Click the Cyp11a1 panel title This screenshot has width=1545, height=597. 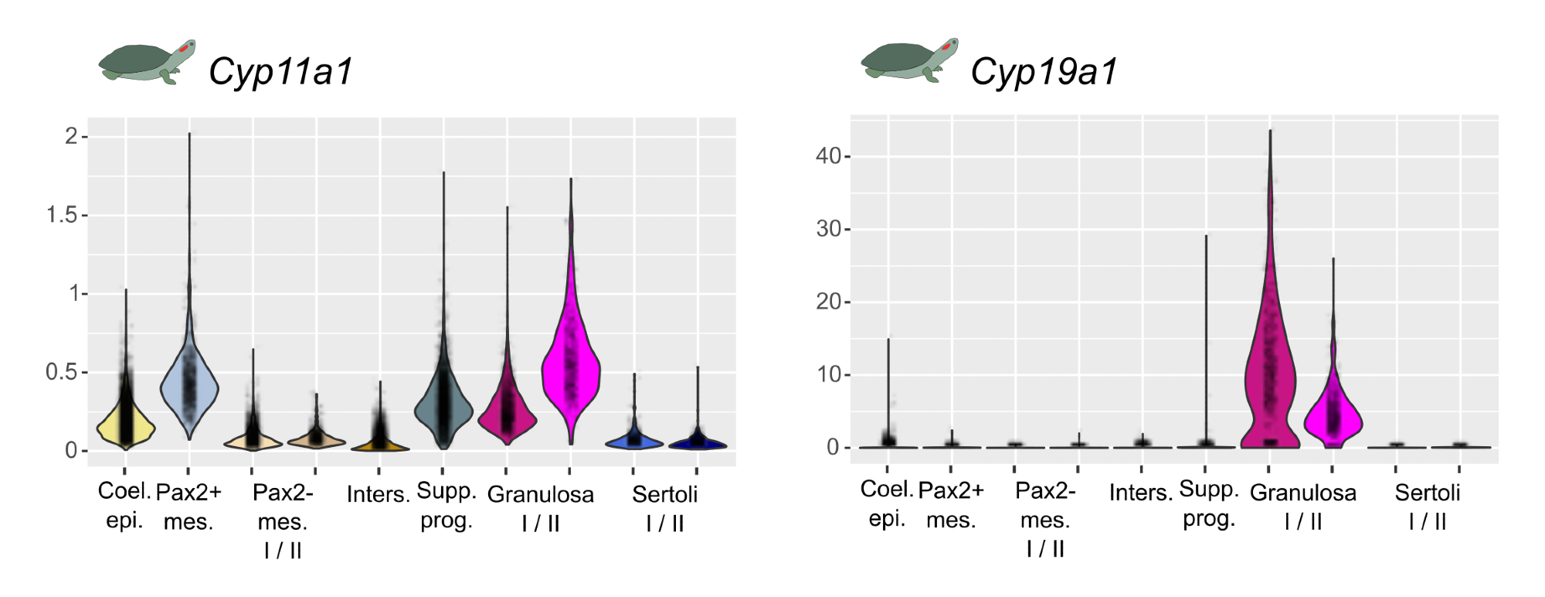point(280,72)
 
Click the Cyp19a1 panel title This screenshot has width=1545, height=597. point(1044,72)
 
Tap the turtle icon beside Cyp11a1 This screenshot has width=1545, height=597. point(147,62)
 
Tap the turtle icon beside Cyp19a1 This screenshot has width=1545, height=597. point(909,60)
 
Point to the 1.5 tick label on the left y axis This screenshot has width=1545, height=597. point(62,215)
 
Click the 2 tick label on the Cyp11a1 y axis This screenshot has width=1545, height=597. point(71,137)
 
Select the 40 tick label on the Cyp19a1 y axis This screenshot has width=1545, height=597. point(828,156)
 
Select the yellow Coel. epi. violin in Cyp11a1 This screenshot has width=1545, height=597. point(125,425)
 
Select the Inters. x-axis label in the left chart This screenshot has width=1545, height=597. point(378,494)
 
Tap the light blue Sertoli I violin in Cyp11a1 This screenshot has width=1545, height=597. point(634,439)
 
